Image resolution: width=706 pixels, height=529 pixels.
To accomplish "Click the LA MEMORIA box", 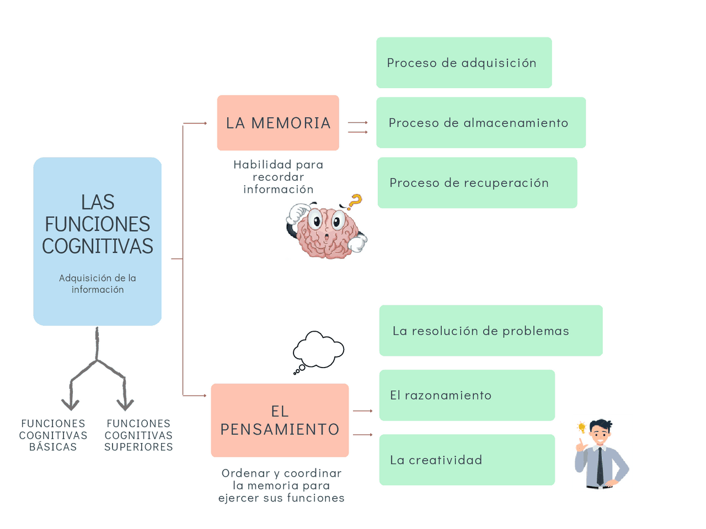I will pyautogui.click(x=278, y=123).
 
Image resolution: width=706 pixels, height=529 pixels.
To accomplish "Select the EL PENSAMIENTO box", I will pyautogui.click(x=280, y=420).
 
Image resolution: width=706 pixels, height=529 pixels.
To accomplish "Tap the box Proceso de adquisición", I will pyautogui.click(x=464, y=63).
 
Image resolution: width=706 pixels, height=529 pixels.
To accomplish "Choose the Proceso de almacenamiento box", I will pyautogui.click(x=480, y=123).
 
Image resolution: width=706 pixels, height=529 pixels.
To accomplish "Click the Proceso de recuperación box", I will pyautogui.click(x=477, y=183).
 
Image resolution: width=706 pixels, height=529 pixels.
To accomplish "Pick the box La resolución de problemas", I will pyautogui.click(x=490, y=331).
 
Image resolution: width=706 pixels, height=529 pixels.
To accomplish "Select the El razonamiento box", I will pyautogui.click(x=467, y=395).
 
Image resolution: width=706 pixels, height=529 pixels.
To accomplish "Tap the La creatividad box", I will pyautogui.click(x=467, y=460).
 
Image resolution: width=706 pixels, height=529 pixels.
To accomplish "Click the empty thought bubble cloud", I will pyautogui.click(x=319, y=350).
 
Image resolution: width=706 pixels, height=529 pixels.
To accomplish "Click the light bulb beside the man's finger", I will pyautogui.click(x=581, y=427).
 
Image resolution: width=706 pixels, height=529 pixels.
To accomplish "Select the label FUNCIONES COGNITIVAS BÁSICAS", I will pyautogui.click(x=53, y=435).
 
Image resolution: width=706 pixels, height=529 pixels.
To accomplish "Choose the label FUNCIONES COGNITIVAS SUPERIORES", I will pyautogui.click(x=138, y=435).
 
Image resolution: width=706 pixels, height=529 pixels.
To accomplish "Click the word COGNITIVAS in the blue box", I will pyautogui.click(x=98, y=246).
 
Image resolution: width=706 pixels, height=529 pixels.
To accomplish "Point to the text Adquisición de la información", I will pyautogui.click(x=98, y=284).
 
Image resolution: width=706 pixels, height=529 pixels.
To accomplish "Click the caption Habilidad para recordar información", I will pyautogui.click(x=278, y=177).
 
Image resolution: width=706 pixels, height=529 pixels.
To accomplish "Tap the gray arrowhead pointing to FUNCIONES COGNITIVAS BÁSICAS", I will pyautogui.click(x=70, y=404).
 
